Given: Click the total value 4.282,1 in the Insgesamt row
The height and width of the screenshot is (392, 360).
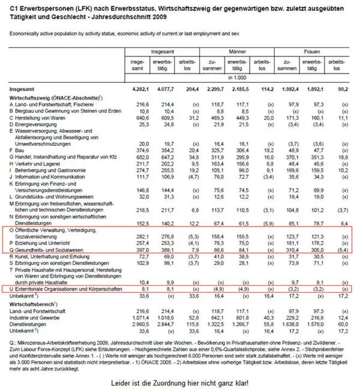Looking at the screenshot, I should click(x=139, y=89).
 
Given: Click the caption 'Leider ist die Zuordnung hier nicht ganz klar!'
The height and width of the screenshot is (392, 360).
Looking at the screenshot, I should click(x=179, y=383).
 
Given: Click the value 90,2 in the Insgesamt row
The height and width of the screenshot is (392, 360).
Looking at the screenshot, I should click(x=343, y=89).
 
